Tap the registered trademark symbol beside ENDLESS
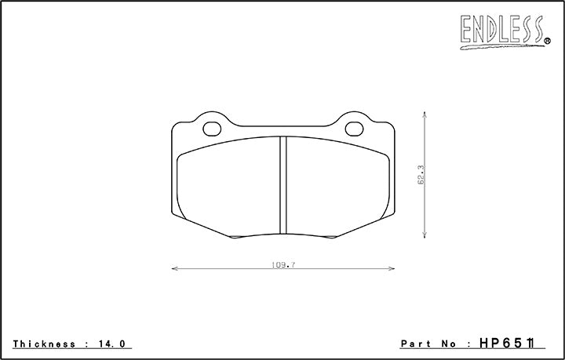point(547,40)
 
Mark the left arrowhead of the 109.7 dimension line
point(174,269)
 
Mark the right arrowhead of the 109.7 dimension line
point(391,269)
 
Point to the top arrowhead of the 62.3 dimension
point(425,114)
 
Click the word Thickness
point(44,344)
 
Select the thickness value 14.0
point(113,344)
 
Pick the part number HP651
point(515,344)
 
